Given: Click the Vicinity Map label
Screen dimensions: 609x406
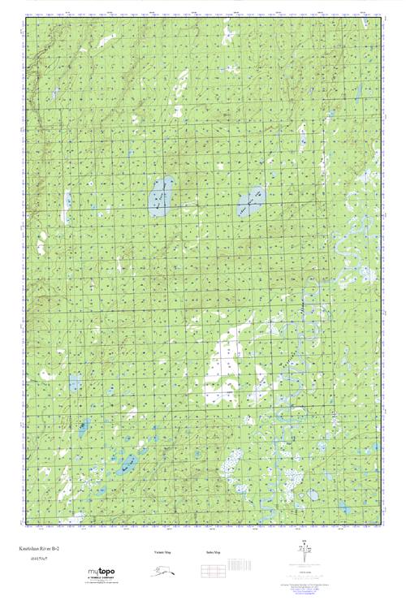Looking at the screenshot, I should click(162, 553).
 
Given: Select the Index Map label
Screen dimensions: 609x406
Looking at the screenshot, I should click(214, 553).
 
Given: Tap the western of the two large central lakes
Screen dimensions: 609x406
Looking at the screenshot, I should click(160, 197).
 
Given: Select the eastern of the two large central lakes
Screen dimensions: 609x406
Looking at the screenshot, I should click(251, 201).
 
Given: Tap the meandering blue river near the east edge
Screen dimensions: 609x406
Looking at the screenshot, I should click(353, 244).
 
